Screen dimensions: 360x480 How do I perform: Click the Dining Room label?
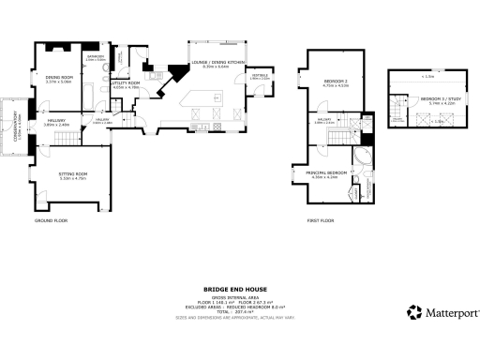coord(58,79)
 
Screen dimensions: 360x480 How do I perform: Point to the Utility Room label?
coord(126,84)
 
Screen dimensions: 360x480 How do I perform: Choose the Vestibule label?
coord(260,77)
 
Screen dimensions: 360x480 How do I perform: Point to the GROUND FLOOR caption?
coord(52,220)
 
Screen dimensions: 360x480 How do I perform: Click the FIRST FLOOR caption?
coord(321,220)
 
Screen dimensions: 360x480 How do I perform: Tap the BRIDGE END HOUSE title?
coord(239,290)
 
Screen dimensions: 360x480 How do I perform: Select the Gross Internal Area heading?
coord(239,298)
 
